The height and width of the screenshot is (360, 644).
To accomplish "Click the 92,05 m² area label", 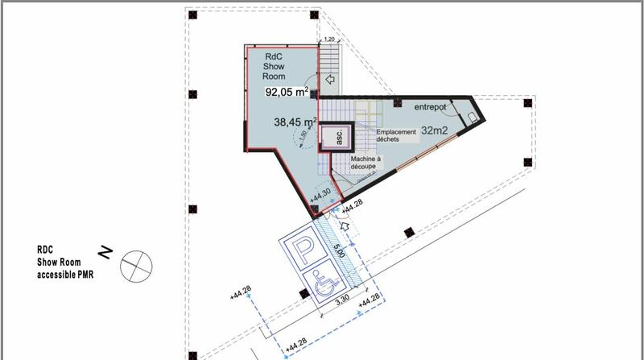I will click(x=287, y=92).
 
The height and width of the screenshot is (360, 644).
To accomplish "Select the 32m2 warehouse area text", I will click(x=436, y=130).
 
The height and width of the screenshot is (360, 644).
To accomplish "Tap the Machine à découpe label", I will click(x=365, y=163).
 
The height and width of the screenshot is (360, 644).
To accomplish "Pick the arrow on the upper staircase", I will click(x=330, y=80).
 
